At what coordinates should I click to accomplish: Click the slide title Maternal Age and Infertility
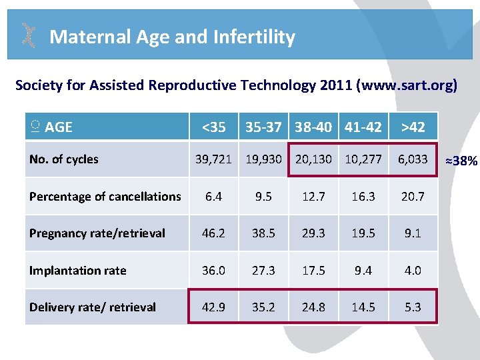[x=172, y=37]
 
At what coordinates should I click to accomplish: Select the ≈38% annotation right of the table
[x=461, y=160]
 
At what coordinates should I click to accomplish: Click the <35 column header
[x=213, y=127]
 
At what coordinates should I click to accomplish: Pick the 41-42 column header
[x=363, y=127]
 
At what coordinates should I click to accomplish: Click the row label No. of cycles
[x=64, y=159]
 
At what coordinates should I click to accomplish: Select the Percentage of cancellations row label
[x=105, y=197]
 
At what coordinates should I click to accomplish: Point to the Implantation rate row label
[x=78, y=271]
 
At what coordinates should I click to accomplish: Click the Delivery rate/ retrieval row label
[x=93, y=307]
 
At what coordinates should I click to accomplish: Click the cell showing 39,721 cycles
[x=213, y=159]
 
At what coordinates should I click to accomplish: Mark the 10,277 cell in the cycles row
[x=363, y=159]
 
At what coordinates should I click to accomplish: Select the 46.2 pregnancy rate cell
[x=213, y=233]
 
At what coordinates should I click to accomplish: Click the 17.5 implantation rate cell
[x=313, y=271]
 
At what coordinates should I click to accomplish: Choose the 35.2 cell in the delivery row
[x=263, y=307]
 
